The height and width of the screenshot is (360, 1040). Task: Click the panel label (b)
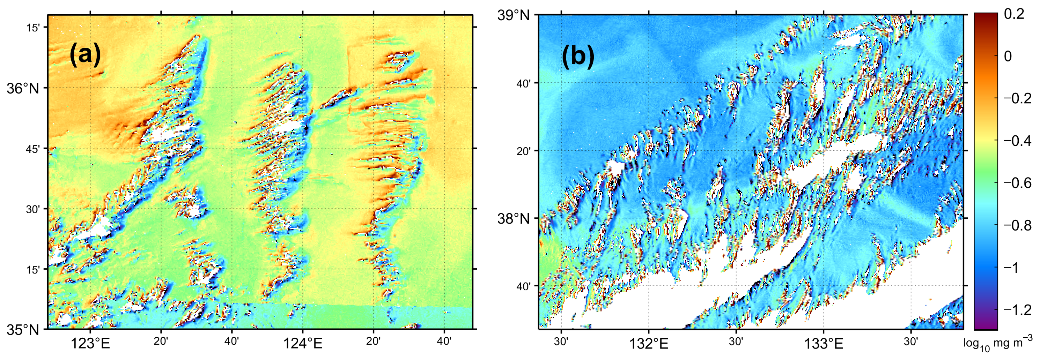[x=578, y=55]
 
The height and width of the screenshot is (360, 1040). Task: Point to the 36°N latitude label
[x=23, y=88]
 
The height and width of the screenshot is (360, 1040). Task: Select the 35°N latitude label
[x=23, y=330]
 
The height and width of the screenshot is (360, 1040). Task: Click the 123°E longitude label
[x=90, y=344]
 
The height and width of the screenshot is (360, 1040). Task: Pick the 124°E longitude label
[x=303, y=344]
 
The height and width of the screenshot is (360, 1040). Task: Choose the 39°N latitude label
[x=513, y=16]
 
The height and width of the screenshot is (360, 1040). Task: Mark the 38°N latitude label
[x=513, y=219]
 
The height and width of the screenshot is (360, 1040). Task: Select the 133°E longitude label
[x=824, y=344]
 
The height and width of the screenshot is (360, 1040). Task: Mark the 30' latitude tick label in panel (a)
[x=33, y=209]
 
